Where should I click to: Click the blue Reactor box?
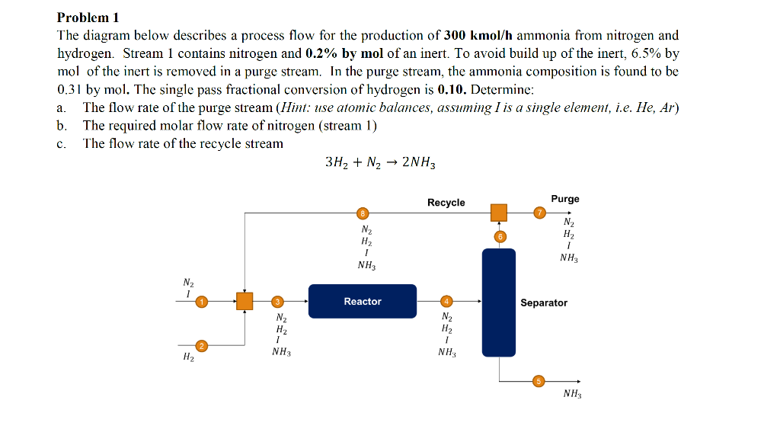click(x=363, y=301)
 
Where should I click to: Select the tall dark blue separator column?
click(x=498, y=303)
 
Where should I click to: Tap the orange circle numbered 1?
click(x=201, y=302)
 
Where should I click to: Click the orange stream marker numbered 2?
click(x=201, y=346)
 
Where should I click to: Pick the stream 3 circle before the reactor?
click(x=278, y=302)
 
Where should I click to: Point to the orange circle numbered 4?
click(x=447, y=302)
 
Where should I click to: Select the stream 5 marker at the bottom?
click(x=539, y=381)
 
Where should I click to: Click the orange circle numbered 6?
click(x=500, y=237)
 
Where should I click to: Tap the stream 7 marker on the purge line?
click(x=539, y=213)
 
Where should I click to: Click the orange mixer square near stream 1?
click(x=244, y=302)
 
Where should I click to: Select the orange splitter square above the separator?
click(x=499, y=213)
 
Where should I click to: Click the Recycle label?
click(x=446, y=202)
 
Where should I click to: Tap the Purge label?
click(x=565, y=199)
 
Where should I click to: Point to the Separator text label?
click(x=543, y=303)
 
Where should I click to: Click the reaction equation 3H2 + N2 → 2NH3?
click(x=379, y=163)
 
